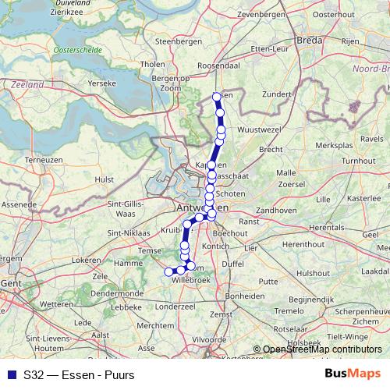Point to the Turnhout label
coord(358,160)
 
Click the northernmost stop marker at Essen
coord(217,97)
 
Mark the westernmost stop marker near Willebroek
coord(168,271)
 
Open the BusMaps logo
coord(353,373)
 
